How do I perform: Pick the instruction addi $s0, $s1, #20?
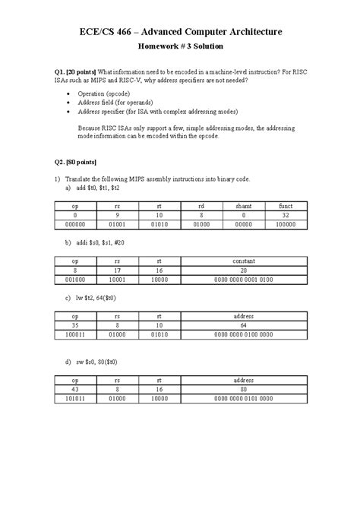click(103, 243)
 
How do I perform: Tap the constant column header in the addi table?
click(243, 262)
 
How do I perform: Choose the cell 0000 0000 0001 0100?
click(243, 280)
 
